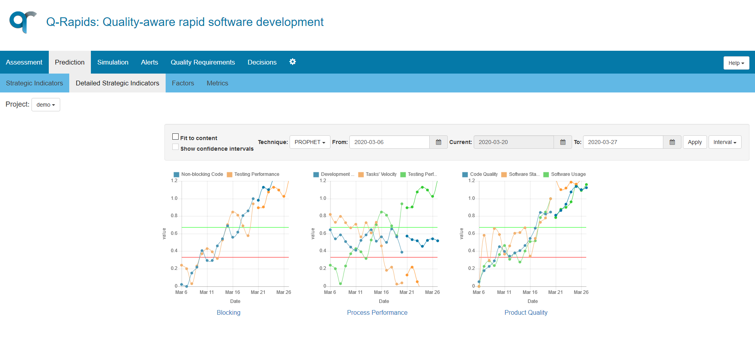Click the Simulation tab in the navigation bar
113,62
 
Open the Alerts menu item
150,62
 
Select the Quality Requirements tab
203,62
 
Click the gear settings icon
292,62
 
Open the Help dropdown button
736,63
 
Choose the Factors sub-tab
183,83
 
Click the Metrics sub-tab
217,83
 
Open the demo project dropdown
46,105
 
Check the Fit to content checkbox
175,137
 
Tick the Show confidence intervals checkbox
175,147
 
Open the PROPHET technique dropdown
310,142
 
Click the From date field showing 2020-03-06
389,142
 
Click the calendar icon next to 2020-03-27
672,142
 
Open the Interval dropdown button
725,142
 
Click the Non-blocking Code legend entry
198,174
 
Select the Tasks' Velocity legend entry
377,174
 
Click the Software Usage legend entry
565,174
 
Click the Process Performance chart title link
377,312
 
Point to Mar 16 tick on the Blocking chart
233,292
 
